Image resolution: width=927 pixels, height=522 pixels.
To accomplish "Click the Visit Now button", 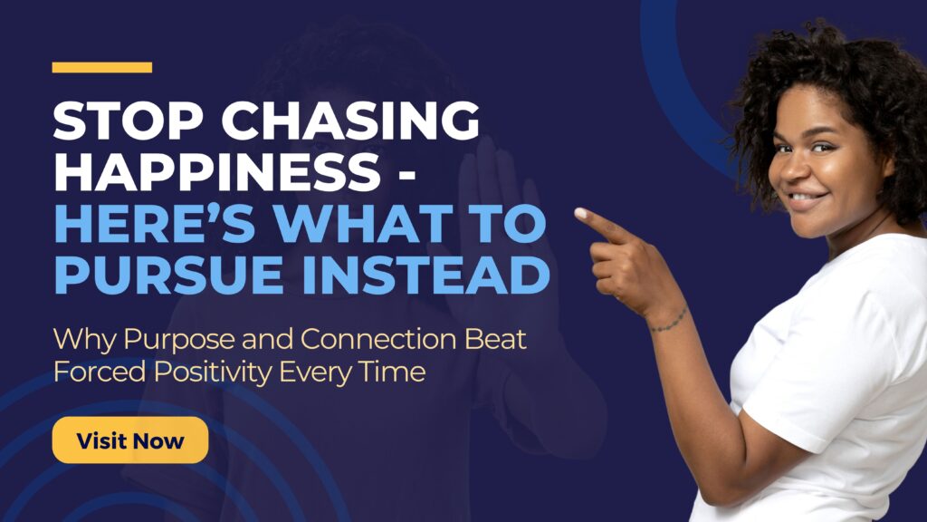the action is point(130,440).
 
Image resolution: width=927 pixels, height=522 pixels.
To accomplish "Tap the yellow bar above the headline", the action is point(101,67).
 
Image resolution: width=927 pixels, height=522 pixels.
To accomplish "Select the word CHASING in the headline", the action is point(350,121).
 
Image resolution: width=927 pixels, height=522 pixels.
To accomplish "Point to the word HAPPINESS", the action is point(217,171).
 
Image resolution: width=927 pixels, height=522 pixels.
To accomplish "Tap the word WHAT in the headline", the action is point(363,223).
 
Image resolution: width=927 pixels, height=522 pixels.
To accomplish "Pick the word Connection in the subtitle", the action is point(378,339).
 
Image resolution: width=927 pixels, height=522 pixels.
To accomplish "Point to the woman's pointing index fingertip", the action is point(580,213).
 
